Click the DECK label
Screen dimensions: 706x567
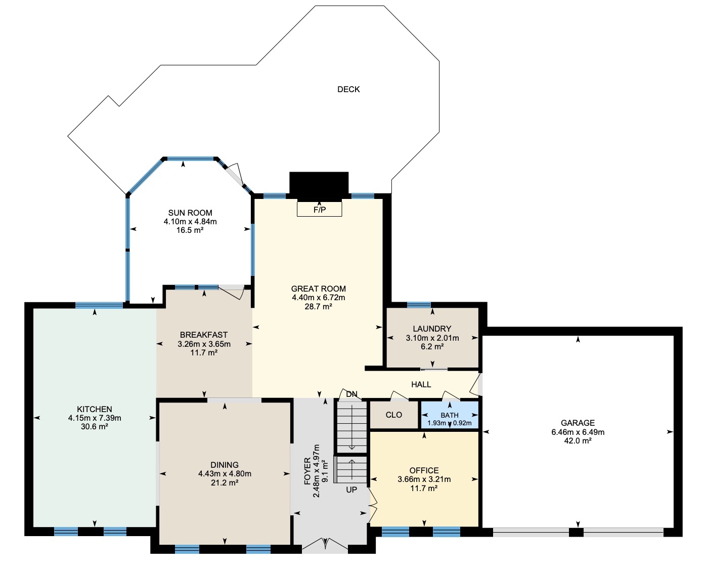348,90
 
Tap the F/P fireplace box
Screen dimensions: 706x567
319,209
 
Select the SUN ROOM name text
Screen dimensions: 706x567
190,213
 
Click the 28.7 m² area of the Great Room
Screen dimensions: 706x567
318,306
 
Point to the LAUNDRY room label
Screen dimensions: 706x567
432,329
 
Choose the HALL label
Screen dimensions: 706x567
421,384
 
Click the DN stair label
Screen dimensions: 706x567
351,394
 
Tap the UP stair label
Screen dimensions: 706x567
351,490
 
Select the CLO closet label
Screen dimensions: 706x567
393,415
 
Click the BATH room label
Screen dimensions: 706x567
450,415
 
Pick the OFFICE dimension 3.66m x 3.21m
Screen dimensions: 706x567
424,479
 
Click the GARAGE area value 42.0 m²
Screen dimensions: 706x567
578,440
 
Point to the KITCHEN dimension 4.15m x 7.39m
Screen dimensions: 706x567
95,418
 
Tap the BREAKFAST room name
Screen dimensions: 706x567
204,335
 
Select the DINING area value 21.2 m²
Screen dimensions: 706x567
225,482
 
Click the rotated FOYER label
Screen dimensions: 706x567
307,471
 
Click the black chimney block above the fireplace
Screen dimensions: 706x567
319,185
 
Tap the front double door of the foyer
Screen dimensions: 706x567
325,545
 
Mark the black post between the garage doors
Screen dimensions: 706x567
576,532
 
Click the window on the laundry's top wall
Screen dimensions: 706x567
419,305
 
